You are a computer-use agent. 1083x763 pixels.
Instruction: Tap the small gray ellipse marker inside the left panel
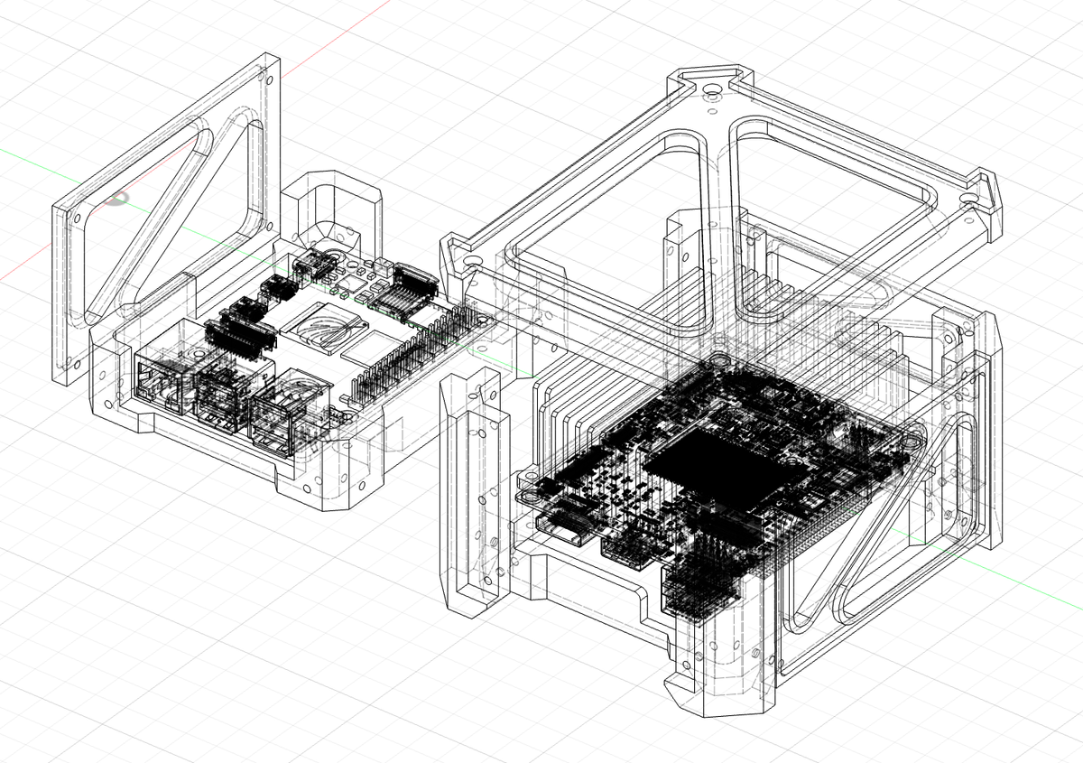coord(115,198)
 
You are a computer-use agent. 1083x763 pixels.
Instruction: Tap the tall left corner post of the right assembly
coord(469,497)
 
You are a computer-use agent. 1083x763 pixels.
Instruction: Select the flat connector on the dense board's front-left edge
coord(561,531)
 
